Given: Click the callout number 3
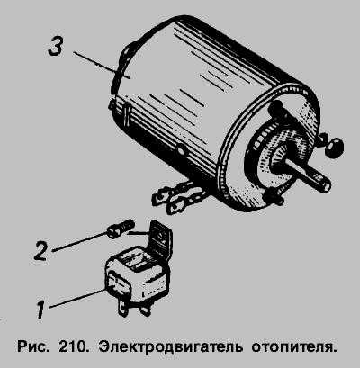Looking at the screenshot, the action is [56, 47].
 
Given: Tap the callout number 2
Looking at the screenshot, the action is [40, 250].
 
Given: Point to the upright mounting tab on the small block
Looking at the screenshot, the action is [161, 238].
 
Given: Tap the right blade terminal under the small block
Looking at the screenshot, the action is [145, 309].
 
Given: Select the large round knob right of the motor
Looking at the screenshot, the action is [334, 147].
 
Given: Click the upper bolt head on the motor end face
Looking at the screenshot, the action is [276, 109].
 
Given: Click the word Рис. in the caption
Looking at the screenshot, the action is [32, 347].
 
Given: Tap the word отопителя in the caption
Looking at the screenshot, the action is [292, 347].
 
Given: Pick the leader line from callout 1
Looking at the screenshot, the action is [77, 298].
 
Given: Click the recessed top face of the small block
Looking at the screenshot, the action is [137, 259].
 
